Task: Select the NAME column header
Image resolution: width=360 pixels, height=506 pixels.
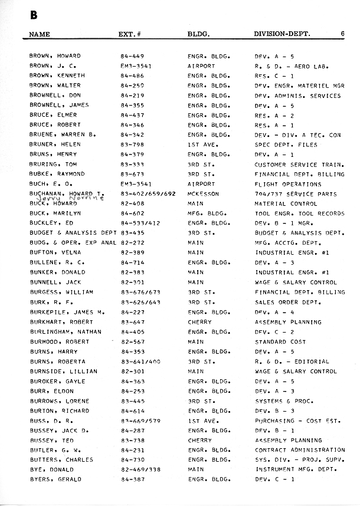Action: tap(40, 34)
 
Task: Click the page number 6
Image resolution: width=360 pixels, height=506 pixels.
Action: tap(342, 34)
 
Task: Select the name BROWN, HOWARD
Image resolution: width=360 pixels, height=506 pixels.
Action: tap(55, 56)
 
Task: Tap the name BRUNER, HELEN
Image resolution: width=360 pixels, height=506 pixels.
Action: tap(55, 144)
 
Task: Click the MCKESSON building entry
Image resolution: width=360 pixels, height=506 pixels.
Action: tap(203, 194)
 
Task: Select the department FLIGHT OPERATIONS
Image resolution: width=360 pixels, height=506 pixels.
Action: tap(287, 184)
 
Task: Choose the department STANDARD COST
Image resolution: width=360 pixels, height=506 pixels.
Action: tap(280, 341)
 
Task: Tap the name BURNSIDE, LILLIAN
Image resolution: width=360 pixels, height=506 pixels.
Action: tap(59, 372)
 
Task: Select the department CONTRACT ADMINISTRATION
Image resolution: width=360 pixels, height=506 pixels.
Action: tap(299, 450)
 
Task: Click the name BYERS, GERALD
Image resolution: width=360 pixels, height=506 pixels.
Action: tap(55, 479)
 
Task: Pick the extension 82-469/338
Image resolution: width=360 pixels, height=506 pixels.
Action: tap(142, 469)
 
